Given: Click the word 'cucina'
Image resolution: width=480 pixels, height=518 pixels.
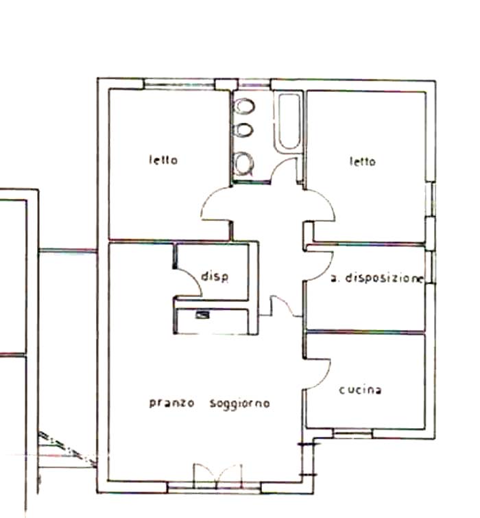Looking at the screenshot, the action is [x=360, y=390].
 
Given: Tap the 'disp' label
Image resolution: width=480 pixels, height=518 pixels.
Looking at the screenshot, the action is [x=215, y=276].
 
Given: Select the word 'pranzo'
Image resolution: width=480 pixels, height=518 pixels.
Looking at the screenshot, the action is [x=171, y=403].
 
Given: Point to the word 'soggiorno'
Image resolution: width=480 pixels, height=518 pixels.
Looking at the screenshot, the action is [x=240, y=403].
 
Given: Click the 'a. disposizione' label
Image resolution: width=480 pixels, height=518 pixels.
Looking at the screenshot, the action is [x=376, y=279].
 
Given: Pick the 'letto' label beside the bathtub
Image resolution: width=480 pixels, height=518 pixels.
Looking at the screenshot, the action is [x=363, y=161].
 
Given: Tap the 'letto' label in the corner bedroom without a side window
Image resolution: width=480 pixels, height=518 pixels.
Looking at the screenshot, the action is [x=163, y=161].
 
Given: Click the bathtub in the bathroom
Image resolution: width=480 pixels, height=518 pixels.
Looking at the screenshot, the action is [x=289, y=121].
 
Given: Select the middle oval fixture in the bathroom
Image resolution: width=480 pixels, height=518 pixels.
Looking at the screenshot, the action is [x=244, y=130].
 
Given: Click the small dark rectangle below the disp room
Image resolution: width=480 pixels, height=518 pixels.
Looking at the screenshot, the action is [x=202, y=315].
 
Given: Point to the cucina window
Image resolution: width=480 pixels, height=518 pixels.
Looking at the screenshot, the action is [x=352, y=434].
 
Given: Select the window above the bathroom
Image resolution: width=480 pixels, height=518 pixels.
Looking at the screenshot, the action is [x=254, y=84].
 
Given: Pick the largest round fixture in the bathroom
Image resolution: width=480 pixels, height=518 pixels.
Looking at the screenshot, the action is [x=243, y=163].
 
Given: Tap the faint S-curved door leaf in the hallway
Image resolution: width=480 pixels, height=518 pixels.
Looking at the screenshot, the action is [x=286, y=306].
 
